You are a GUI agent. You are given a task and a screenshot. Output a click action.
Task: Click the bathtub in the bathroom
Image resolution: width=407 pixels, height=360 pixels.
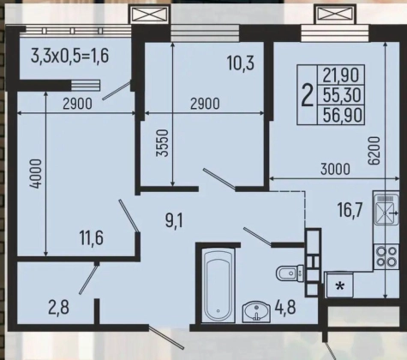(218, 285)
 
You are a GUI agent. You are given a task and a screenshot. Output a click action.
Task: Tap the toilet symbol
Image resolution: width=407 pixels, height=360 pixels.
(290, 273)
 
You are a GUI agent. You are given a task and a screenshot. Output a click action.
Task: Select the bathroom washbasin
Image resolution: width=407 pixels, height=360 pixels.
(256, 312)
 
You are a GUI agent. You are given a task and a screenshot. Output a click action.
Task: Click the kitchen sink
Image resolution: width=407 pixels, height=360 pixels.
(386, 208)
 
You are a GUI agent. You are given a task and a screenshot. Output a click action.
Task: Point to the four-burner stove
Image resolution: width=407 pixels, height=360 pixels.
(386, 256)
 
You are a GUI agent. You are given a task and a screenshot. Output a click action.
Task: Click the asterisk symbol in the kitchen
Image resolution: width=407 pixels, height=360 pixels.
(340, 286)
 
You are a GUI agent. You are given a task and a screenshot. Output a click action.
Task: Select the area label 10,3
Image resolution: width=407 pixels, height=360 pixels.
(241, 63)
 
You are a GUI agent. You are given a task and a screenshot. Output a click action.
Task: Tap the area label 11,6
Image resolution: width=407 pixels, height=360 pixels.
(92, 237)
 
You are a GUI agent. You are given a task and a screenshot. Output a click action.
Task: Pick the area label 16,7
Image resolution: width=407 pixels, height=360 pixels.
(350, 209)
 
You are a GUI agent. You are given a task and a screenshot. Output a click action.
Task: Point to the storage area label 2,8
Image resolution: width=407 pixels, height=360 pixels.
(58, 309)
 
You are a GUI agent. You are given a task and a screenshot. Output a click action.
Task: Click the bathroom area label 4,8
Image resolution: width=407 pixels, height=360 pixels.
(285, 308)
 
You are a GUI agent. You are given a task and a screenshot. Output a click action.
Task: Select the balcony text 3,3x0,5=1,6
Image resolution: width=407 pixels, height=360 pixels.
(70, 56)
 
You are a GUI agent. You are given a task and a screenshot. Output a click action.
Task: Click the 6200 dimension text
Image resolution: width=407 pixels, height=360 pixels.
(374, 151)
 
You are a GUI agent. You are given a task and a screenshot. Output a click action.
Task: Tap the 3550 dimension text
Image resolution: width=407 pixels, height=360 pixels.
(162, 143)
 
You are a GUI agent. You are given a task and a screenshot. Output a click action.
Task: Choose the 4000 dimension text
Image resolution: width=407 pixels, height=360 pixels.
(36, 174)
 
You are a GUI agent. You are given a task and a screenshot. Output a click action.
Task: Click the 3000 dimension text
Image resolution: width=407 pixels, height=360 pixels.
(335, 170)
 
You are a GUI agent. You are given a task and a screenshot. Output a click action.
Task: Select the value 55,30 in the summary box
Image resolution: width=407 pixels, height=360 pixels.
(342, 95)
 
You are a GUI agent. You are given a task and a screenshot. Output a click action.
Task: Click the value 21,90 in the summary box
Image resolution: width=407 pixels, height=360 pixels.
(341, 75)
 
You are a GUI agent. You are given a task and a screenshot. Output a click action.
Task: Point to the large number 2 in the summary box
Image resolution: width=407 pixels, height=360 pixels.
(308, 95)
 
